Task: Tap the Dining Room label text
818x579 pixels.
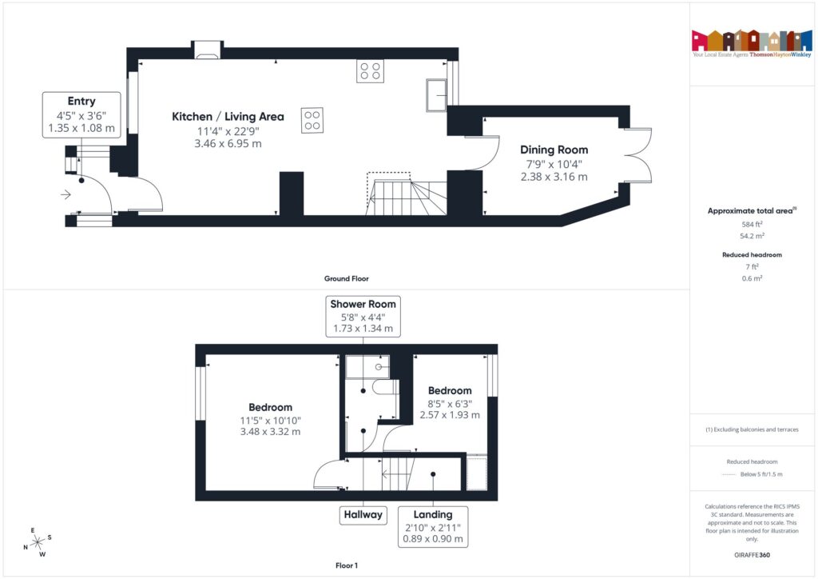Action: point(554,150)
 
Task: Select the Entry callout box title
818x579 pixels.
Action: point(81,102)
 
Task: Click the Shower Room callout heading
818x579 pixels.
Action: point(363,304)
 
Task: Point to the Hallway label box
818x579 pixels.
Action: point(363,514)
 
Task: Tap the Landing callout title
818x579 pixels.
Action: point(433,514)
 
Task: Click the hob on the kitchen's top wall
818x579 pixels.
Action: point(370,71)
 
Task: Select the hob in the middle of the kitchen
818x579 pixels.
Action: point(312,120)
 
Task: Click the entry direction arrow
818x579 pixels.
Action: point(64,193)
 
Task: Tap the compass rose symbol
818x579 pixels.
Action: point(37,543)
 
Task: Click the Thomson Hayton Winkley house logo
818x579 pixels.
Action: point(752,41)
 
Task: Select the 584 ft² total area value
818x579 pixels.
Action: point(752,225)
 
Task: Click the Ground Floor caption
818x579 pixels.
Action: point(346,278)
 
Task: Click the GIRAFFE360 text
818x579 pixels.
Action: point(752,555)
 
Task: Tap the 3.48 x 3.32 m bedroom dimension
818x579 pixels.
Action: point(270,432)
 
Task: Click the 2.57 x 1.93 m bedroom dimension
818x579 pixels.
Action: point(450,415)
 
